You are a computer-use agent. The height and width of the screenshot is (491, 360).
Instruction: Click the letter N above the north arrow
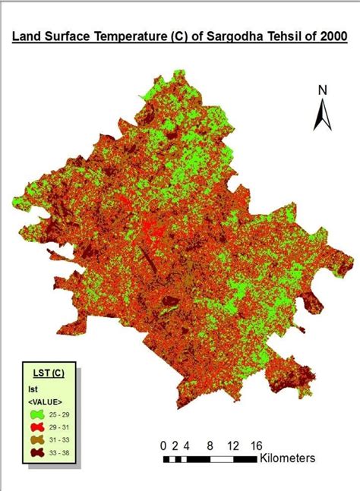pos(322,90)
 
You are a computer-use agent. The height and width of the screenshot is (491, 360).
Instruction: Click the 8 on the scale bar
pos(209,445)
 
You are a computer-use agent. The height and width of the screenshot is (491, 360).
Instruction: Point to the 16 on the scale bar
pos(256,445)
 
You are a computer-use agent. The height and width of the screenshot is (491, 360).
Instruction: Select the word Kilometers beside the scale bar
pos(287,458)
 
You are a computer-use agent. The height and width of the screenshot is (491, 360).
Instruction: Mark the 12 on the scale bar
pos(232,445)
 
